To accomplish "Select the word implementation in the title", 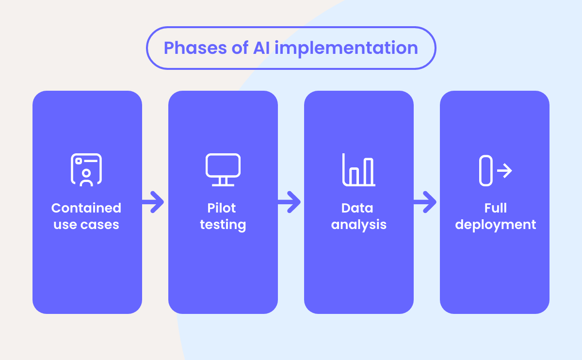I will [x=346, y=48].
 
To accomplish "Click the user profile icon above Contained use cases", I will [x=86, y=170].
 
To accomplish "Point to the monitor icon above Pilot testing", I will [x=223, y=170].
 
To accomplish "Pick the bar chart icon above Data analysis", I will [x=358, y=170].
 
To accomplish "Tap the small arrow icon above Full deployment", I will [x=504, y=171].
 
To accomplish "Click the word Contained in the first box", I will [x=86, y=208].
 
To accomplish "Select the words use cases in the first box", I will [x=86, y=225].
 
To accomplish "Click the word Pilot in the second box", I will [x=222, y=208].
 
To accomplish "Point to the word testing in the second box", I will [x=223, y=225].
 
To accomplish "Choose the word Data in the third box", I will [x=357, y=208].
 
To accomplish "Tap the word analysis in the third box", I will [x=359, y=225].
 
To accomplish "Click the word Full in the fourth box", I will [x=495, y=208].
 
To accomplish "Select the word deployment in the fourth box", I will [x=496, y=225].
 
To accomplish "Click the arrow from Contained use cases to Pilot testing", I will [x=154, y=202].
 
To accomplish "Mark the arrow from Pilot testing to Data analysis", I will [x=290, y=202].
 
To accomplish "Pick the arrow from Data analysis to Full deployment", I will [x=425, y=202].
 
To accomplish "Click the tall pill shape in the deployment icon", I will [x=485, y=171].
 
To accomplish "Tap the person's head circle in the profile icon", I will [x=86, y=173].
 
